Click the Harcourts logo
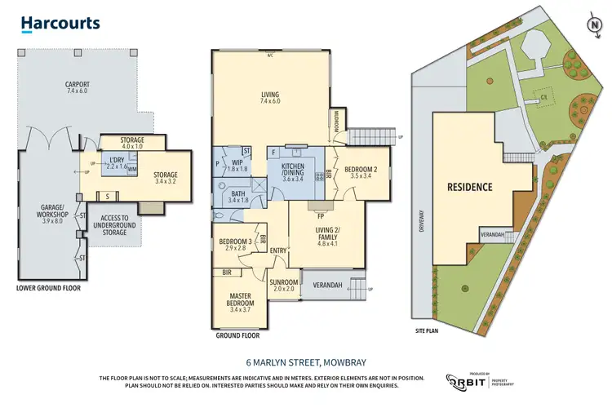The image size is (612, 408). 60,24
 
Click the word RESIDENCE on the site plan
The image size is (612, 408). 469,187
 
